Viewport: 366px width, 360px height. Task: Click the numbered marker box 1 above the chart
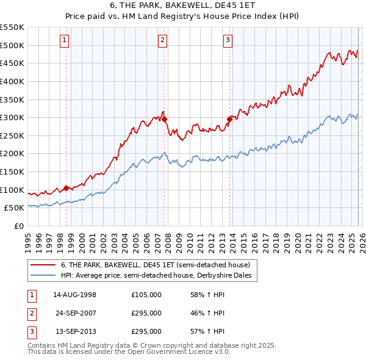point(65,41)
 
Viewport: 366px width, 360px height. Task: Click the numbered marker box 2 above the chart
point(163,41)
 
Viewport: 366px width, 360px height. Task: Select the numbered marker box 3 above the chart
point(228,41)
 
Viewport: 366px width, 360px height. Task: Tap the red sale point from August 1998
point(66,188)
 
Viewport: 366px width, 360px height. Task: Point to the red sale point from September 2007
point(165,120)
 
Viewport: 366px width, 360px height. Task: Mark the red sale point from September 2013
point(229,120)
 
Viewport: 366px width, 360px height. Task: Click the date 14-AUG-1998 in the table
point(75,295)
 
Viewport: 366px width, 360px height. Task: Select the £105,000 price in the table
point(146,295)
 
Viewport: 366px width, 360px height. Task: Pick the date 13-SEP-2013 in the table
point(75,331)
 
